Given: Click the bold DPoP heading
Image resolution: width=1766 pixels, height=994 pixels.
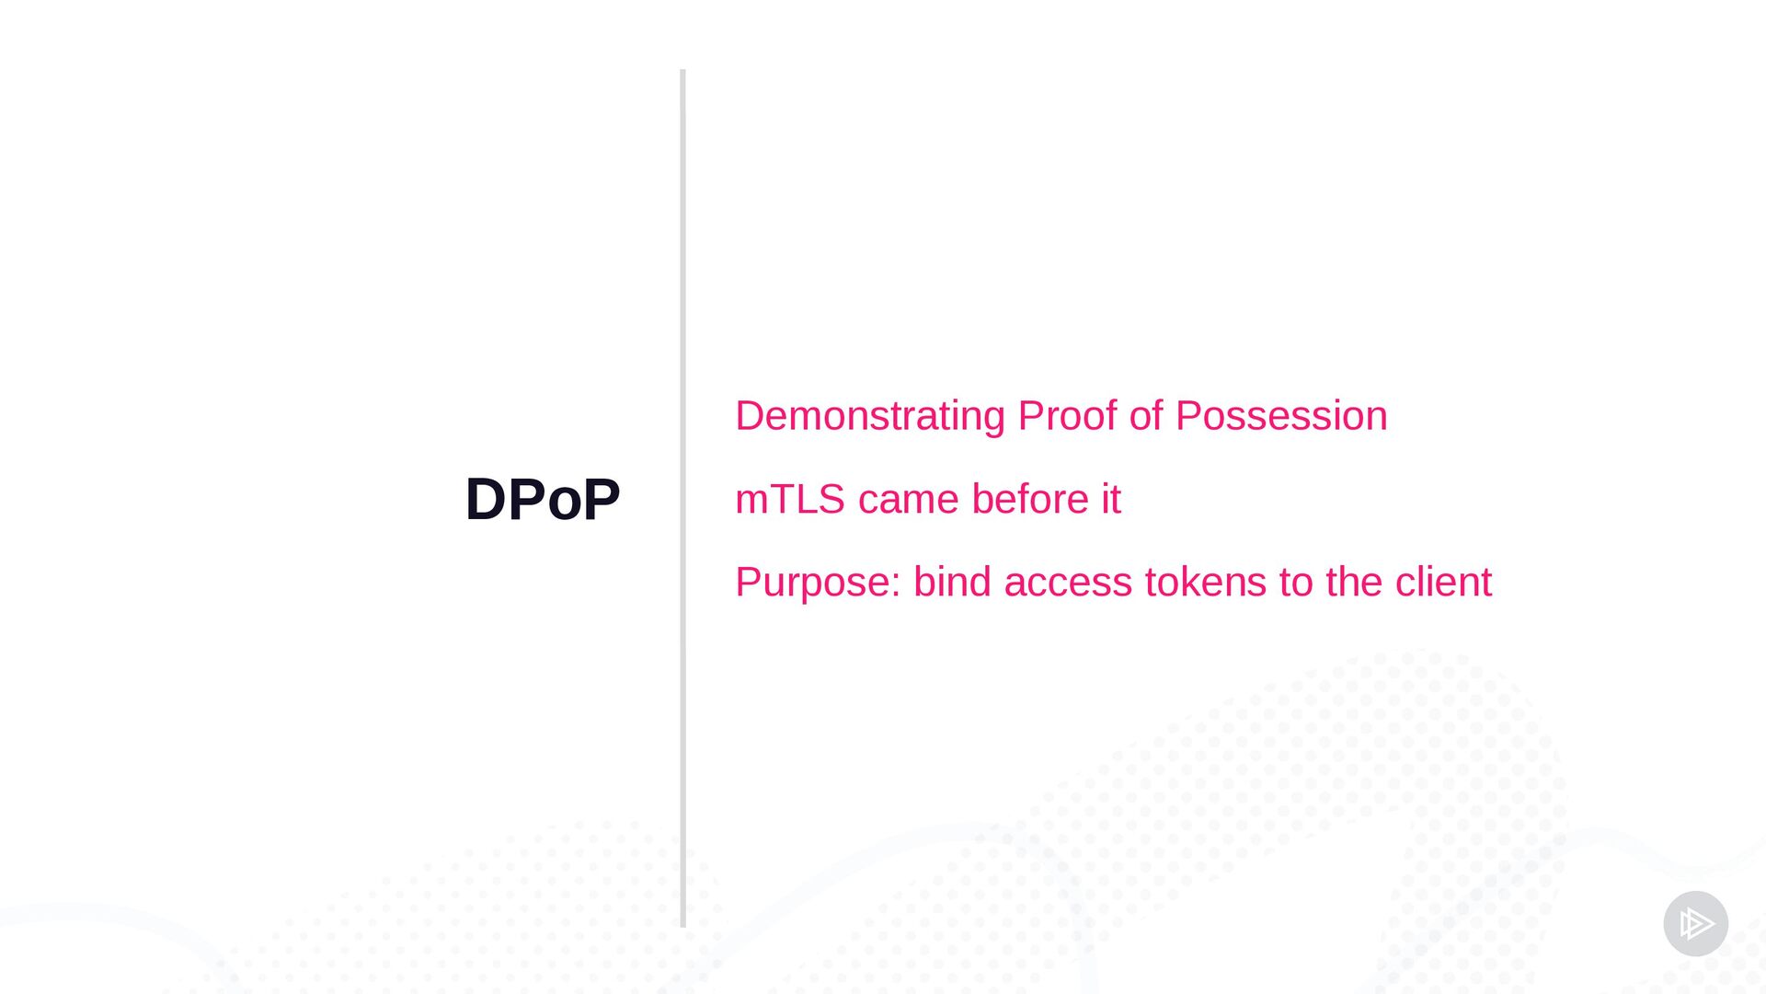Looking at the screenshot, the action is pyautogui.click(x=543, y=499).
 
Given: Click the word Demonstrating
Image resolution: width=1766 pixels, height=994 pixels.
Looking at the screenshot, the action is pyautogui.click(x=870, y=416).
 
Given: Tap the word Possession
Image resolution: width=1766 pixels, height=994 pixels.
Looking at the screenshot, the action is pyautogui.click(x=1281, y=415).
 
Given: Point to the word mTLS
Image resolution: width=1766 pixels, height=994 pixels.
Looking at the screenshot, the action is pyautogui.click(x=790, y=499).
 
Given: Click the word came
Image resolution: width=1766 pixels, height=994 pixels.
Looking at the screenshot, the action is pyautogui.click(x=909, y=500).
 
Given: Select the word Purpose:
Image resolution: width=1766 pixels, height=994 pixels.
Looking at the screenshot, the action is pyautogui.click(x=818, y=583).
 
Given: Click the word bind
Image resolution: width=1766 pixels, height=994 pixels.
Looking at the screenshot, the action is pyautogui.click(x=952, y=582).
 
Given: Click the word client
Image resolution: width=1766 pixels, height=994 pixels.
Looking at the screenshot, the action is pyautogui.click(x=1443, y=582).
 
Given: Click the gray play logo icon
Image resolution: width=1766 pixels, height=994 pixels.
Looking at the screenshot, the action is pyautogui.click(x=1695, y=923).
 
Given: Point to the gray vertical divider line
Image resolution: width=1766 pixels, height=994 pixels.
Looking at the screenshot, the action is pyautogui.click(x=682, y=498).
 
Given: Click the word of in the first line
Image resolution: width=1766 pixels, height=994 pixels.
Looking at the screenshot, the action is pyautogui.click(x=1146, y=415).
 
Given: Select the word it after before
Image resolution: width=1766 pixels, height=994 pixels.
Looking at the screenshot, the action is pyautogui.click(x=1111, y=499).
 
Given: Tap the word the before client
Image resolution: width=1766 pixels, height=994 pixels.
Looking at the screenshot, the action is pyautogui.click(x=1354, y=582).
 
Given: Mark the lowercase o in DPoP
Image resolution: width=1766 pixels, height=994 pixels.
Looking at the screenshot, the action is pyautogui.click(x=565, y=505).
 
